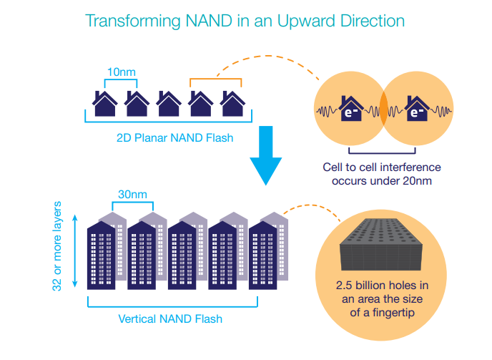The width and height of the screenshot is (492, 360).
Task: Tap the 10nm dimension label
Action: coord(121,72)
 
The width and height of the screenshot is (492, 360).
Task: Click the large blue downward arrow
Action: coord(267,153)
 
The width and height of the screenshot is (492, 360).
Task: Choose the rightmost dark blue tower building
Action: coord(265,257)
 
